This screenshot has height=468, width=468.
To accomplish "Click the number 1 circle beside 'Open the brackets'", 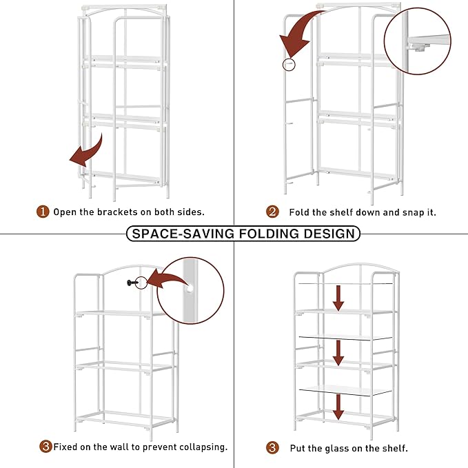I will coord(43,212).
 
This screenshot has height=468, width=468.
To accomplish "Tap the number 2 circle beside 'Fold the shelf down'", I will coord(273,212).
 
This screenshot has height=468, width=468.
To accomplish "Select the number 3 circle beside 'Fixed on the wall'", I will coord(45,447).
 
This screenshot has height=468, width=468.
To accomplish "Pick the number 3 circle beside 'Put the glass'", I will coord(273,447).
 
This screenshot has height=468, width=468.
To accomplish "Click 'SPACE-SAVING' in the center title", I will coord(183,234).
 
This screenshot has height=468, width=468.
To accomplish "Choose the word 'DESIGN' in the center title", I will coord(330,234).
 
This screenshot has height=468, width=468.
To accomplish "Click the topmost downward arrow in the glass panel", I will coord(338,298).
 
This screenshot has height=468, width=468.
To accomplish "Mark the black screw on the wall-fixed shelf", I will coord(130,282).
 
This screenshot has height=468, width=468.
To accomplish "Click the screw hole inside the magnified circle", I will coord(188,290).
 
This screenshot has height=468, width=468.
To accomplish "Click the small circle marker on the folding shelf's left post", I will coord(289,64).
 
